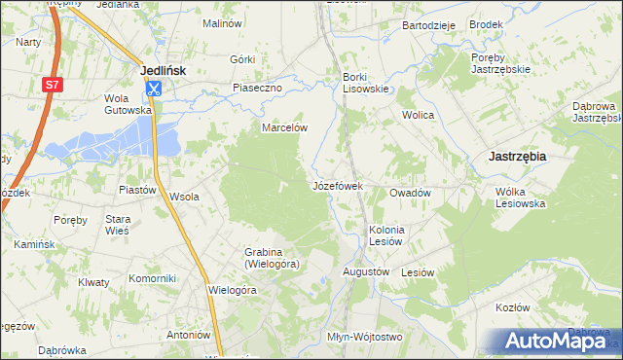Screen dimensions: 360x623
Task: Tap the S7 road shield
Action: (49, 87)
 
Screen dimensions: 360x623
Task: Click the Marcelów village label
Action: (284, 127)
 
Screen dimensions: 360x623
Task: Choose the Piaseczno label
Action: (257, 88)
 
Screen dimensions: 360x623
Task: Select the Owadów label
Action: (410, 193)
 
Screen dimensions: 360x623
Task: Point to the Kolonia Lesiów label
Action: (385, 235)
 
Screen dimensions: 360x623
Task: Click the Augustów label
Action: (366, 271)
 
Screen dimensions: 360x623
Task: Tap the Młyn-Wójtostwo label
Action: (364, 337)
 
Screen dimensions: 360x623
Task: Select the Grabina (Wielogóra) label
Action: (272, 258)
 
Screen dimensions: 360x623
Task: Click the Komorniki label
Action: (152, 278)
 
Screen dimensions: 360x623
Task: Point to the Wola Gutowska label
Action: (128, 104)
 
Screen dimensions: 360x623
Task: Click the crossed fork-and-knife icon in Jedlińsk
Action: (154, 89)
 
